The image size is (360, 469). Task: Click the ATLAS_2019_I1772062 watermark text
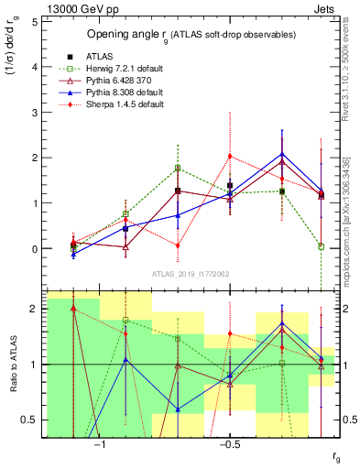click(x=191, y=274)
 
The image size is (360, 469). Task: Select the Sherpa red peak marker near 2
click(x=230, y=156)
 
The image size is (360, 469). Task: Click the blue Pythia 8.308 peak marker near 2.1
click(x=282, y=154)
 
